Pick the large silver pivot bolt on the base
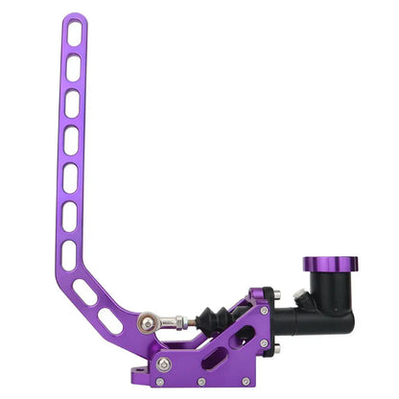[164, 364]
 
